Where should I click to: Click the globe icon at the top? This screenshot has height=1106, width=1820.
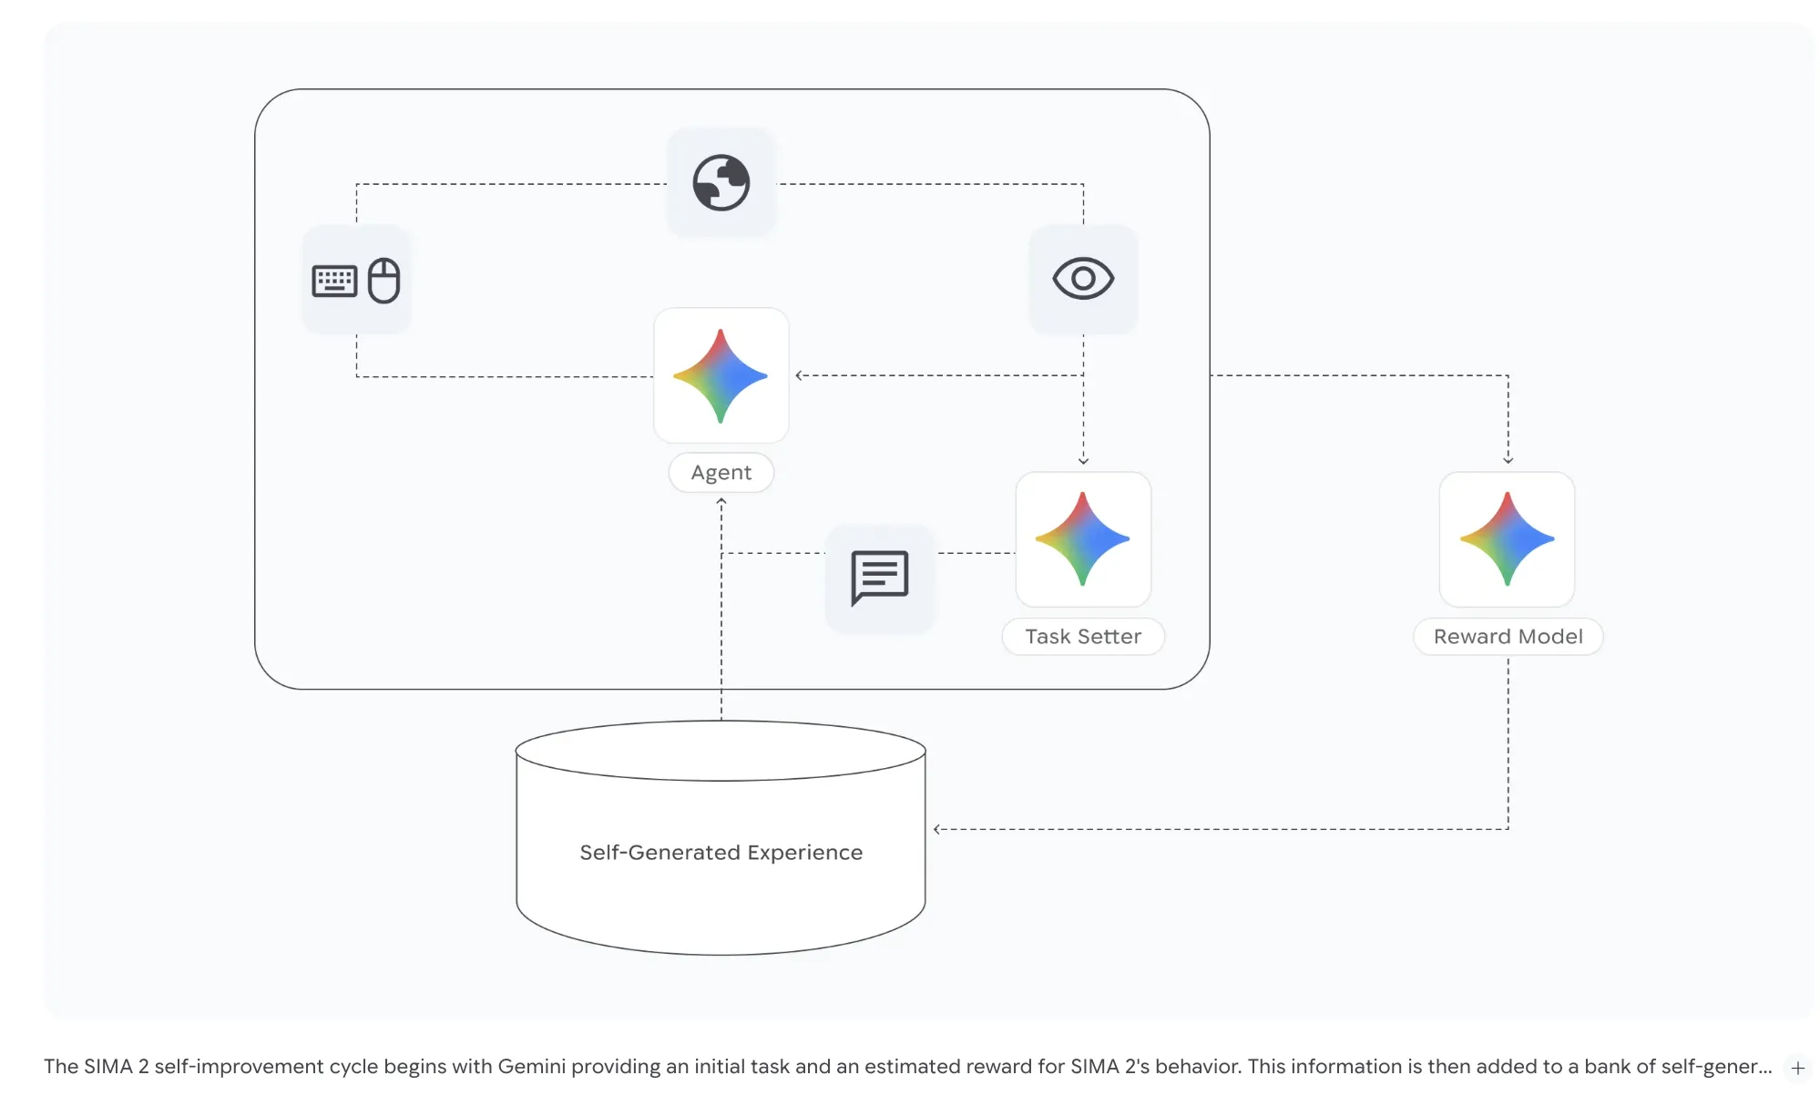721,182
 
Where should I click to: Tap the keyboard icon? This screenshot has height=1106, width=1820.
334,281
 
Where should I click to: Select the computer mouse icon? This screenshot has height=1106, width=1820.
383,280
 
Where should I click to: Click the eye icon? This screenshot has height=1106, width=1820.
1082,278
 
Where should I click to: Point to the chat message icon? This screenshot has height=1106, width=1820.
879,577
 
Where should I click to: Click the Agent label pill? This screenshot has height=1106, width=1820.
721,472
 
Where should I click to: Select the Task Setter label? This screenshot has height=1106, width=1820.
1082,636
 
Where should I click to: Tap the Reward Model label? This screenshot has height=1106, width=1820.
1508,636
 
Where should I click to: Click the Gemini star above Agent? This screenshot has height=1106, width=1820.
721,375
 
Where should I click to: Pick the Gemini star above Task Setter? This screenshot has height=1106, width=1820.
1082,538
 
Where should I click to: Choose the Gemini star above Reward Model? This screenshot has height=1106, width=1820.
1507,538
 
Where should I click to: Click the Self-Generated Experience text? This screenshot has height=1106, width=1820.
721,852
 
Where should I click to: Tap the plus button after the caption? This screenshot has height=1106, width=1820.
1797,1068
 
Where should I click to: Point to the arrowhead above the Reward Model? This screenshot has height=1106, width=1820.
1508,460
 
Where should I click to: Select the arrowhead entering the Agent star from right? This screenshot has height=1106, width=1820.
799,375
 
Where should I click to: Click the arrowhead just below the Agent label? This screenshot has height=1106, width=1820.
721,502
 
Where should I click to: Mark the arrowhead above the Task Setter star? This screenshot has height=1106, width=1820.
1082,461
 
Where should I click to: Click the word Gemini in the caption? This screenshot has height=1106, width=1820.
531,1066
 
